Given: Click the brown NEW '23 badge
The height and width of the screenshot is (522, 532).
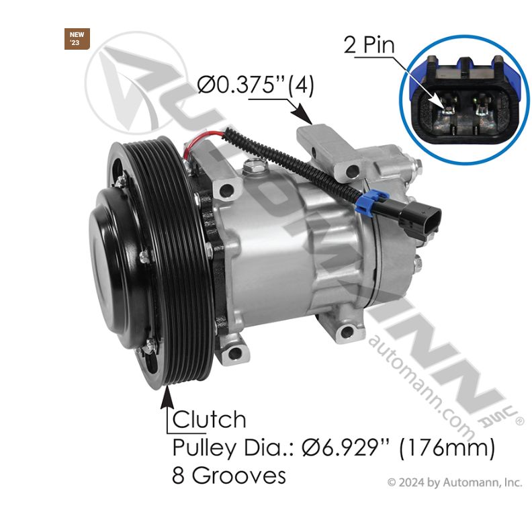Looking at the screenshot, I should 77,38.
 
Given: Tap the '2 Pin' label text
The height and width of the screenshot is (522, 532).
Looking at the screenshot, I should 369,45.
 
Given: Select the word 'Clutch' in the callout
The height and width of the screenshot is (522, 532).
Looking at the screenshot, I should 210,420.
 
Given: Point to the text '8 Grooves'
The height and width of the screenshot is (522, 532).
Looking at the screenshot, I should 229,476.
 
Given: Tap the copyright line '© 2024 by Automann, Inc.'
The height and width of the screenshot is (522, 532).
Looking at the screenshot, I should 454,482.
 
